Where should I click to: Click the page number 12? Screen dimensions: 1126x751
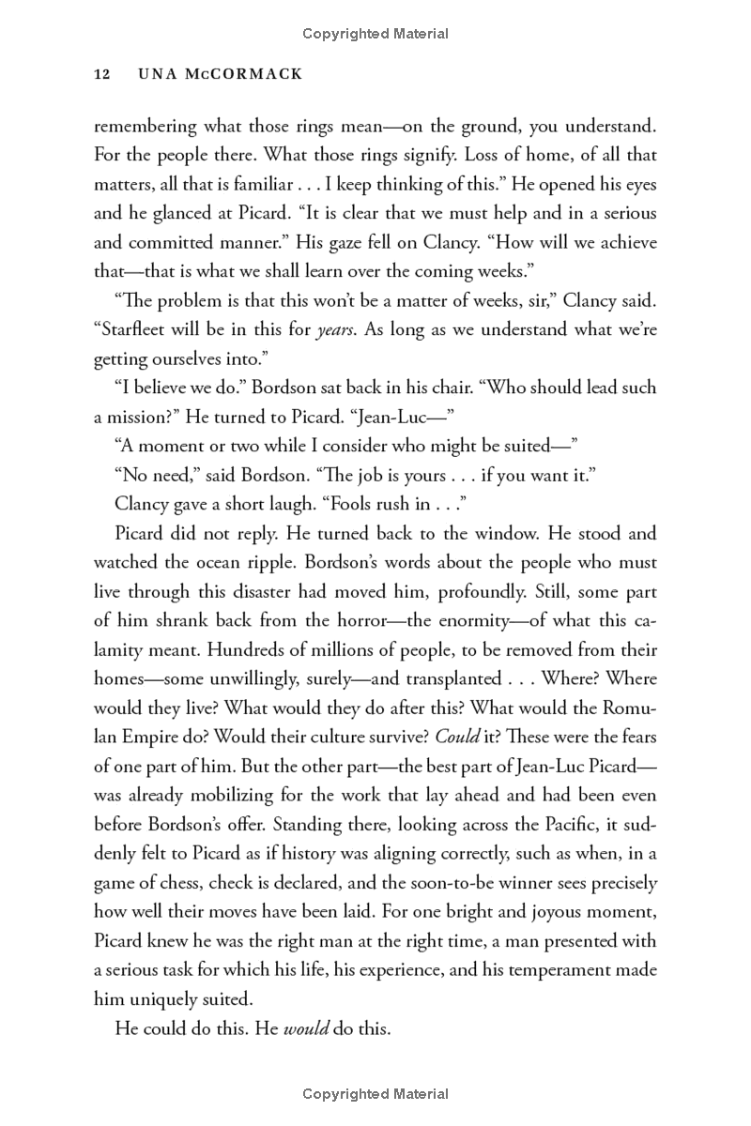pyautogui.click(x=103, y=74)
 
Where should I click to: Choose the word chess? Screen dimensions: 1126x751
pyautogui.click(x=218, y=883)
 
